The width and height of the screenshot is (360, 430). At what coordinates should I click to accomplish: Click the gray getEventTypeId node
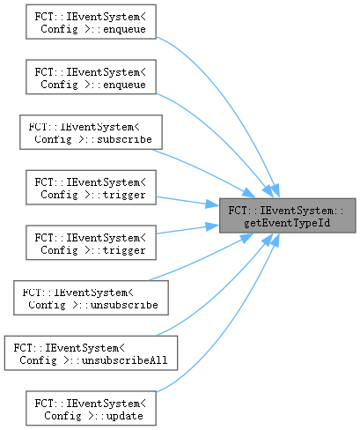tap(288, 216)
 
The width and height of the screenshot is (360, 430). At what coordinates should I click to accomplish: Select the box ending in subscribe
tap(91, 132)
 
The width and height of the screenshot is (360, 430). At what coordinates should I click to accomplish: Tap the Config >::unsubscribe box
tap(91, 298)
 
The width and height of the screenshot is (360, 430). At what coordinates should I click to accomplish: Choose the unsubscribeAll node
tap(91, 353)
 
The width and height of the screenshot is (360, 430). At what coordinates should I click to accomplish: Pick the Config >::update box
tap(91, 408)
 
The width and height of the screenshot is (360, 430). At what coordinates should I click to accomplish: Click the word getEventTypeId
tap(287, 223)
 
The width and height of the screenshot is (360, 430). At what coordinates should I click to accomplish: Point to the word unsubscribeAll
tap(125, 360)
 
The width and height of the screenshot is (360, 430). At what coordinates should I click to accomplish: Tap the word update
tap(125, 416)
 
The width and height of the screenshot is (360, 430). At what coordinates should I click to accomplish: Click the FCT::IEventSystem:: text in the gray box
tap(286, 211)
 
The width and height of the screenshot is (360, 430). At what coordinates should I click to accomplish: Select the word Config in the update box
tap(62, 416)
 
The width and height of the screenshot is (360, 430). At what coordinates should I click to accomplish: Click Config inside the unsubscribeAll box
tap(38, 360)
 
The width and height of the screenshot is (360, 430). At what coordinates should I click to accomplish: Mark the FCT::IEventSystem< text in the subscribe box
tap(84, 127)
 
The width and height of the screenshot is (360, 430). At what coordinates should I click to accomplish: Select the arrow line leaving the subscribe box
tap(202, 171)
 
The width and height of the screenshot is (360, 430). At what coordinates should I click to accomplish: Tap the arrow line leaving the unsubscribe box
tap(201, 259)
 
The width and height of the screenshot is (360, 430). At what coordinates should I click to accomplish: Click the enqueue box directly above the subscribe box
tap(91, 77)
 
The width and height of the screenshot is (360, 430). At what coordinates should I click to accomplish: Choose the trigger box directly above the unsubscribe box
tap(91, 242)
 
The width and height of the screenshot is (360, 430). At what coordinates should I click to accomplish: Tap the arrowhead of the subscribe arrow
tap(249, 193)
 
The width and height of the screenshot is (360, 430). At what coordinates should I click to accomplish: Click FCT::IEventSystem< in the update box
tap(91, 404)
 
